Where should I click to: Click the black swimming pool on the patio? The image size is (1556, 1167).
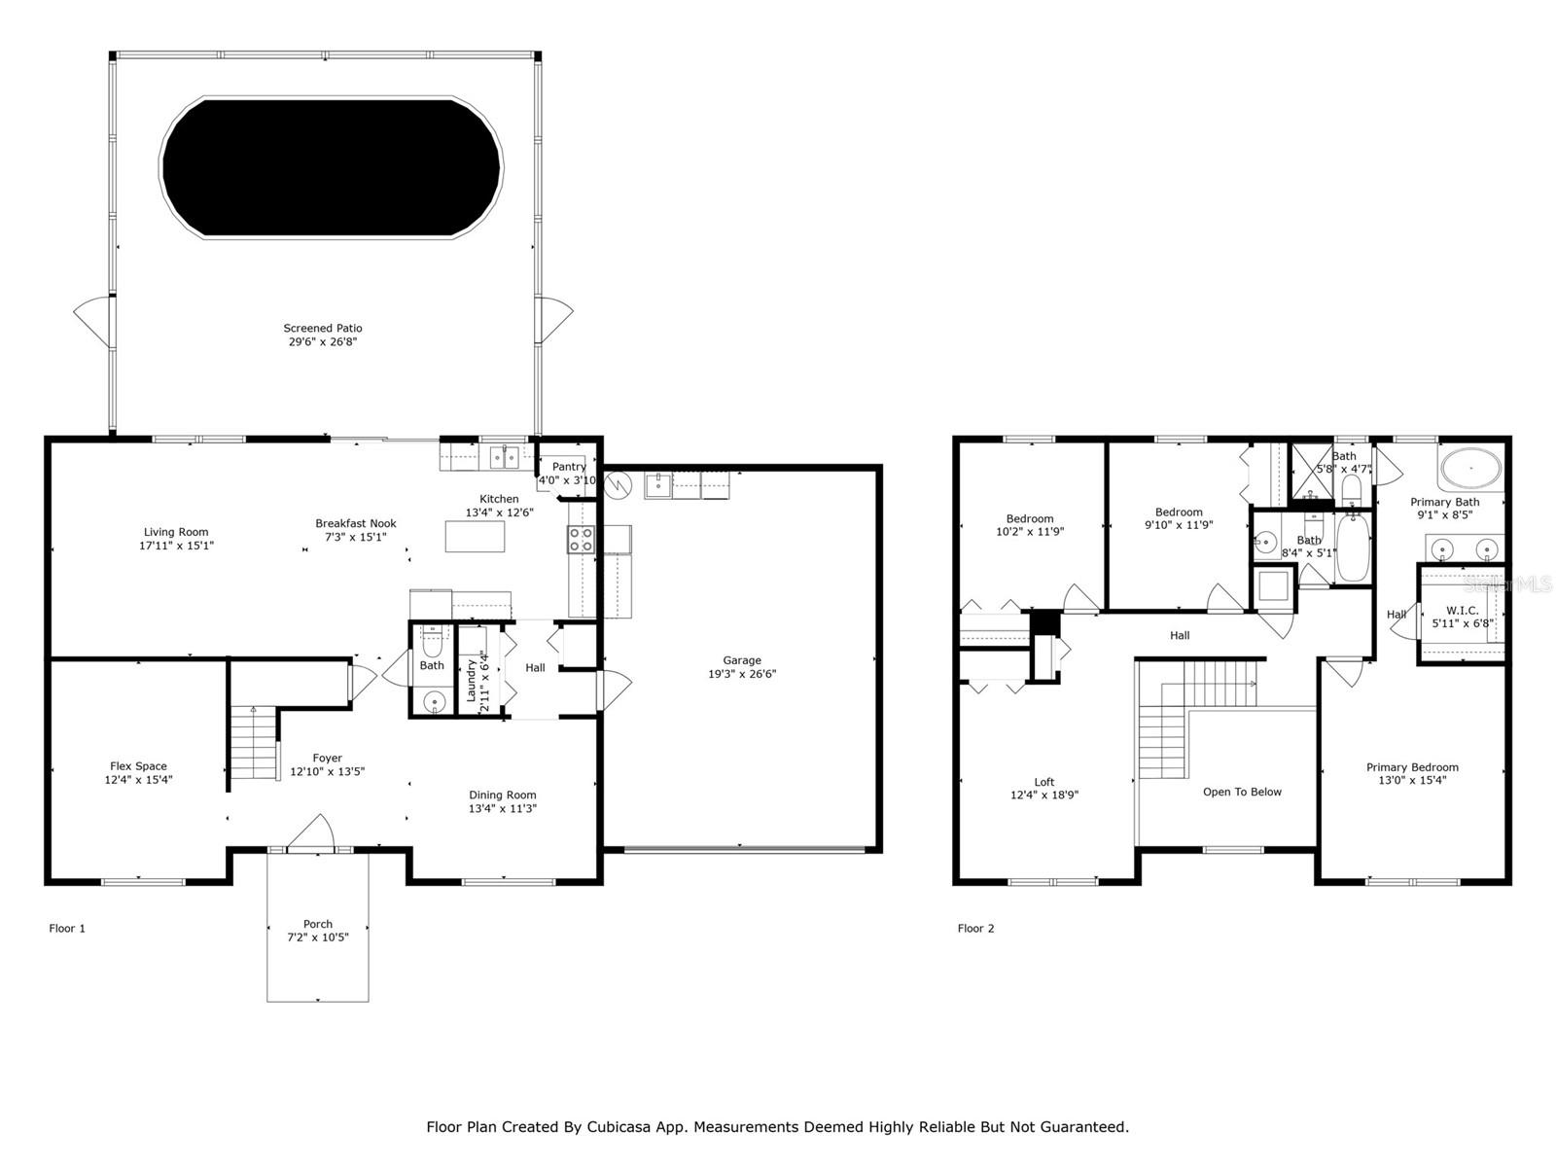pyautogui.click(x=331, y=167)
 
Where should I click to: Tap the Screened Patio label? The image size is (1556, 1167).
pyautogui.click(x=323, y=328)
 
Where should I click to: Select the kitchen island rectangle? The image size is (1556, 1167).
pyautogui.click(x=475, y=536)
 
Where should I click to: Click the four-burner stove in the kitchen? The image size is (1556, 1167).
pyautogui.click(x=580, y=539)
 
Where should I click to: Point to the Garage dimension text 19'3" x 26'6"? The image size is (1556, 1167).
pyautogui.click(x=741, y=674)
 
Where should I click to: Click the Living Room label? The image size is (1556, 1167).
pyautogui.click(x=176, y=532)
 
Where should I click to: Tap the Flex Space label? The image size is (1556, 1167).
pyautogui.click(x=138, y=766)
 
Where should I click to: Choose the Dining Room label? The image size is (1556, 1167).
pyautogui.click(x=503, y=795)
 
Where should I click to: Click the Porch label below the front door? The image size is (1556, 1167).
pyautogui.click(x=318, y=924)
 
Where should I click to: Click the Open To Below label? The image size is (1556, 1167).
pyautogui.click(x=1242, y=793)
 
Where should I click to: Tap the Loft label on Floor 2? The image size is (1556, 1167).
pyautogui.click(x=1044, y=782)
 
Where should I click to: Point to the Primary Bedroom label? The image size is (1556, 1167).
pyautogui.click(x=1412, y=767)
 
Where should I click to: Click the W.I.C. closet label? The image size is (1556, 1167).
pyautogui.click(x=1463, y=611)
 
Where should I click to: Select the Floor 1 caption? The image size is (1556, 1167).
pyautogui.click(x=67, y=928)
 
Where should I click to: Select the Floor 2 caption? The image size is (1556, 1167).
pyautogui.click(x=975, y=928)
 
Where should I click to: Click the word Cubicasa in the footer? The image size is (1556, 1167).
pyautogui.click(x=616, y=1126)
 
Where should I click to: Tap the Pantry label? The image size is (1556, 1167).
pyautogui.click(x=569, y=466)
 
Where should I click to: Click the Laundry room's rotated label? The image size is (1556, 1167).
pyautogui.click(x=471, y=680)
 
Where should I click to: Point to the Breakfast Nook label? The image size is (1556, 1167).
pyautogui.click(x=356, y=523)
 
